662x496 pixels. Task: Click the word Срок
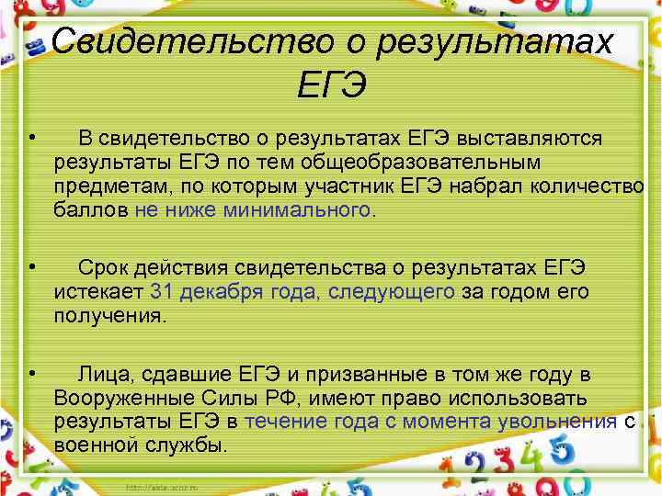click(x=104, y=268)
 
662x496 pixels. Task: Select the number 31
click(x=162, y=292)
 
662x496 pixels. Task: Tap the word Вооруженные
click(x=121, y=399)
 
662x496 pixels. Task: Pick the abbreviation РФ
click(x=289, y=399)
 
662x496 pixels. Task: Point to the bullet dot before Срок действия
click(x=31, y=266)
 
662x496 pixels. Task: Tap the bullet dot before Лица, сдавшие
click(x=31, y=373)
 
